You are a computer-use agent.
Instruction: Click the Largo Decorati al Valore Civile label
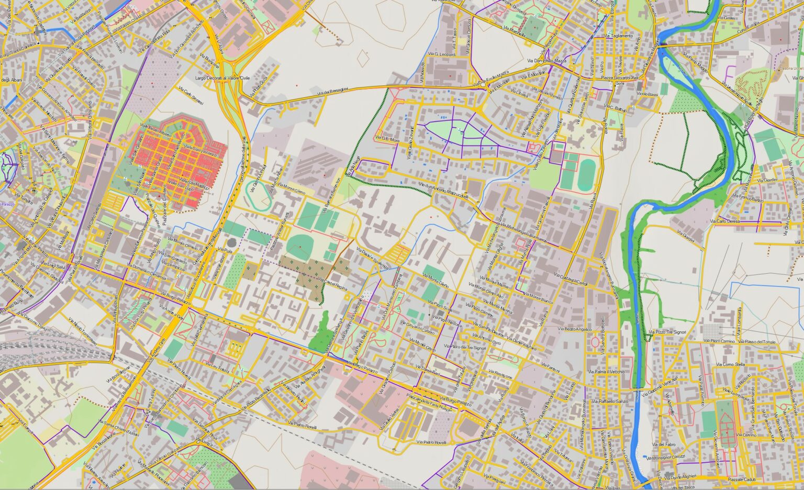pyautogui.click(x=222, y=78)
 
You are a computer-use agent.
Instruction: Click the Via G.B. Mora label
pyautogui.click(x=387, y=140)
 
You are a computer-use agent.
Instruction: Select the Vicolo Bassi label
pyautogui.click(x=647, y=95)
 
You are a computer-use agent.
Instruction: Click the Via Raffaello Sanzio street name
pyautogui.click(x=610, y=401)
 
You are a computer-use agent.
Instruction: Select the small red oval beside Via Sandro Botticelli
pyautogui.click(x=595, y=342)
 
